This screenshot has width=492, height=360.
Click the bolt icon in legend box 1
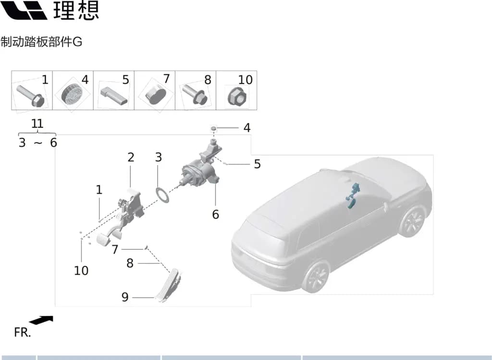coord(30,96)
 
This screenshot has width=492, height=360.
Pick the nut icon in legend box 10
coord(237,96)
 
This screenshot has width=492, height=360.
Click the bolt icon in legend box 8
coord(195,94)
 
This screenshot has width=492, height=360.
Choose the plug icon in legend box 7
coord(156,94)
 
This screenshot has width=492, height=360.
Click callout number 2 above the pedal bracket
coord(131,157)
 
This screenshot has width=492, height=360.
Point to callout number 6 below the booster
coord(215,214)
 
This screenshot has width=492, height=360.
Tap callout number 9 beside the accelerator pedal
coord(125,297)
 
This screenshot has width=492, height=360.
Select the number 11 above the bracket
coord(37,123)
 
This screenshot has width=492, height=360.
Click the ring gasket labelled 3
coord(162,195)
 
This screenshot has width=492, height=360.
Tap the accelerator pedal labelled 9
coord(169,286)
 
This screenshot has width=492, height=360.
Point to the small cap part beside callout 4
coord(213,128)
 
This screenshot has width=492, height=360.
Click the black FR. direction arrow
coord(41,320)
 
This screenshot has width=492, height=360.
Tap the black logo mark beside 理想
coord(24,10)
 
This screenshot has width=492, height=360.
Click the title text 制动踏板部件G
coord(41,42)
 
